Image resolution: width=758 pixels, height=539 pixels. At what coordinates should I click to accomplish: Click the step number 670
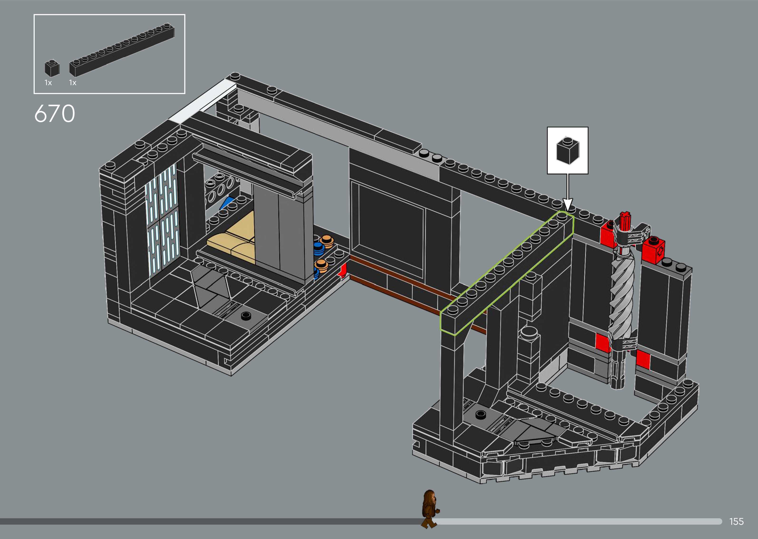[55, 114]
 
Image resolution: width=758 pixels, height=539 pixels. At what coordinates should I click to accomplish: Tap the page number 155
[736, 521]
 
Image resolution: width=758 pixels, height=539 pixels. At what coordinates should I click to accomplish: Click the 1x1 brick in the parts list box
[52, 69]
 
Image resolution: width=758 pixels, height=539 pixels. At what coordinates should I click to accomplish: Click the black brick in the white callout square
[568, 151]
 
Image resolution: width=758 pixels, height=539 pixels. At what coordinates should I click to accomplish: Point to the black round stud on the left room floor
[246, 315]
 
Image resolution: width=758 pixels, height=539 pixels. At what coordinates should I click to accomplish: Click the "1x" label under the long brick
[73, 83]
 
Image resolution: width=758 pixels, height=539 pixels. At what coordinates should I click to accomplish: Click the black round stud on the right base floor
[480, 414]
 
